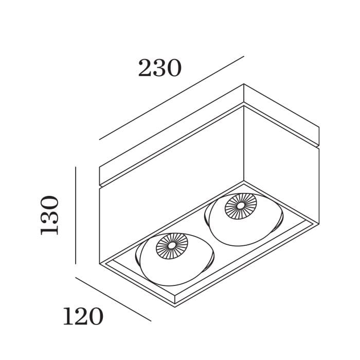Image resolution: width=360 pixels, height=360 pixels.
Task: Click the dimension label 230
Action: pos(159,68)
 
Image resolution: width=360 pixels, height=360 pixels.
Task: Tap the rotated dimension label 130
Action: pos(50,215)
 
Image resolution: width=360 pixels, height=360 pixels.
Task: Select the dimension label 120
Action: pos(82,317)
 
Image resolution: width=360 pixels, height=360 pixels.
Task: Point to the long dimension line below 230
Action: pos(170,98)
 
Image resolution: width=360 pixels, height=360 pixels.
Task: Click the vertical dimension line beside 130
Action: pos(76,215)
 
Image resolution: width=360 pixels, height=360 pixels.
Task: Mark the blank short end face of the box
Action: pos(282,165)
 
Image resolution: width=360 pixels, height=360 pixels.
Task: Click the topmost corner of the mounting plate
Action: pos(244,84)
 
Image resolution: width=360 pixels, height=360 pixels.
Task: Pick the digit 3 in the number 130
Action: pos(50,215)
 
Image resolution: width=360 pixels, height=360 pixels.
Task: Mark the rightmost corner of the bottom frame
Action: pos(319,222)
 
